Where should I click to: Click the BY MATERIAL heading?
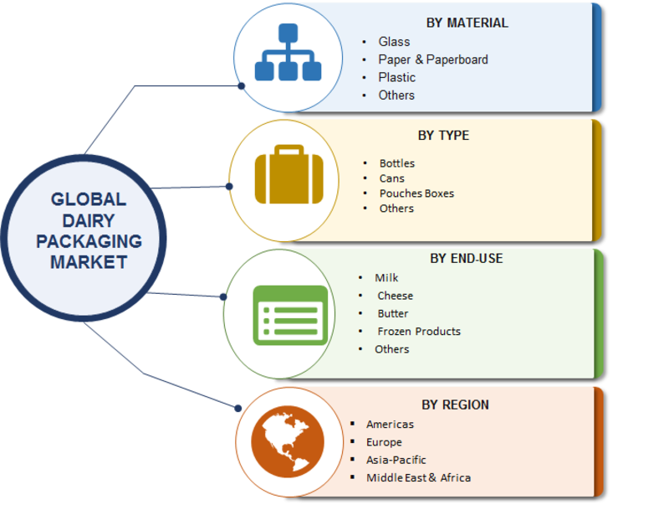(467, 23)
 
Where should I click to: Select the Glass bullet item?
(394, 41)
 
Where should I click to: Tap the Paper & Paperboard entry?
(432, 59)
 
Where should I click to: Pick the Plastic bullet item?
(396, 77)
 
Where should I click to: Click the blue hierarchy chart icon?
(288, 56)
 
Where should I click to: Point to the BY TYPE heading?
(443, 135)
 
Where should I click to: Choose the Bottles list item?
(396, 163)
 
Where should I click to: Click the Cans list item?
(391, 178)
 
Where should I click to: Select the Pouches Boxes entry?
(416, 193)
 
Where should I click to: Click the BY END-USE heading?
(467, 258)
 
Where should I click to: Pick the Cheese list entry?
(395, 296)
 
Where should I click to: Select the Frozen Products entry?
(418, 331)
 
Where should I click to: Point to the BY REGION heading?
(455, 405)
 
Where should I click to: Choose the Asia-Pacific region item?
(396, 460)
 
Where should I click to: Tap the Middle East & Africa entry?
(418, 477)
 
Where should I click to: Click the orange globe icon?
(286, 442)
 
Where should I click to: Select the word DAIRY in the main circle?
(88, 220)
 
